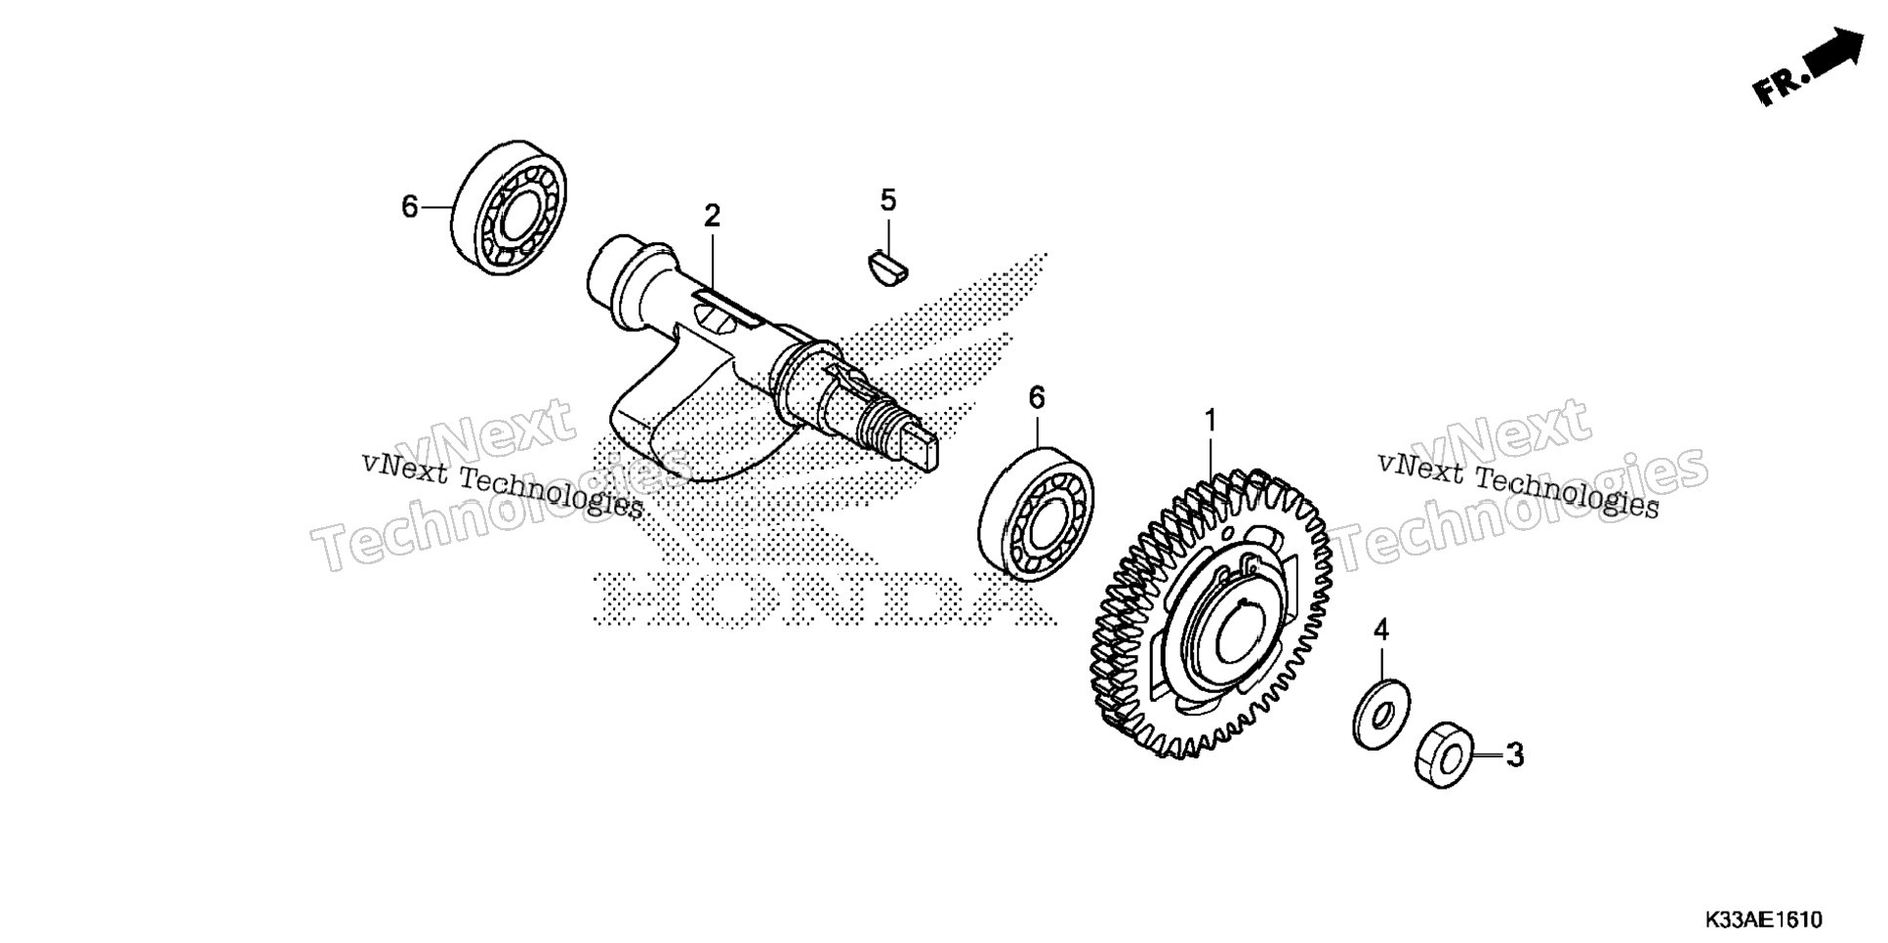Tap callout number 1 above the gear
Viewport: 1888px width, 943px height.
(1211, 422)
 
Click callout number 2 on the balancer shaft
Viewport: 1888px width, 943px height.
(712, 216)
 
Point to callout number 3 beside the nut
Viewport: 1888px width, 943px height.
(1514, 756)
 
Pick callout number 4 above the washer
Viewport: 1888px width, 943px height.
(1380, 631)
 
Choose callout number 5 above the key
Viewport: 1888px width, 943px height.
(887, 200)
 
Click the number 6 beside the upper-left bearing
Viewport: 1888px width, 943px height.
(410, 207)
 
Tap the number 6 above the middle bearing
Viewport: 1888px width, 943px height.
(1037, 397)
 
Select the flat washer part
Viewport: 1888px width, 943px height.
(1380, 715)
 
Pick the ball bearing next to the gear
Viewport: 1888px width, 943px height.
(1036, 513)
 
